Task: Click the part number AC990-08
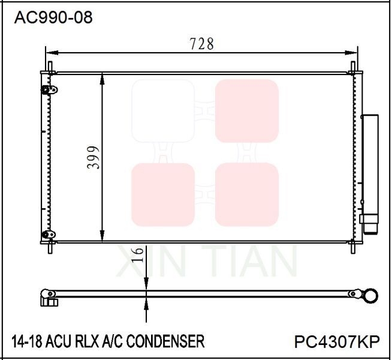point(53,18)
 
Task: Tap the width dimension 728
point(201,44)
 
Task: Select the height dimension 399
point(93,157)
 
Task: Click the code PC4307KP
point(337,341)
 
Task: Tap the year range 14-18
point(26,341)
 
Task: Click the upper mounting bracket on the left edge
point(49,91)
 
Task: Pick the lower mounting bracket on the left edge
point(49,235)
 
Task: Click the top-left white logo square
point(163,111)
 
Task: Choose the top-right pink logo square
point(247,111)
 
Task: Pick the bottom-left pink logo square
point(163,194)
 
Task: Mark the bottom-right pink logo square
point(247,194)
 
